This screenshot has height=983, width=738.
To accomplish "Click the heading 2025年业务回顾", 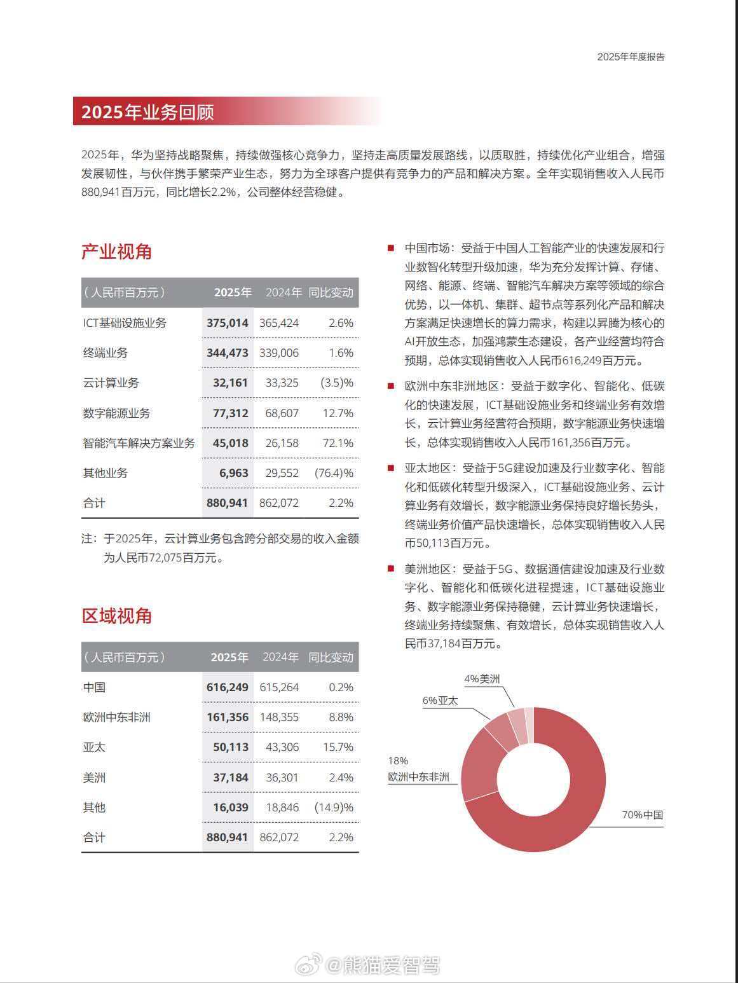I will pos(147,112).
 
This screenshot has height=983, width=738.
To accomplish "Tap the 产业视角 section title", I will pos(116,252).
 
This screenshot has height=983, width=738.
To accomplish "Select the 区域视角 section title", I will pos(116,616).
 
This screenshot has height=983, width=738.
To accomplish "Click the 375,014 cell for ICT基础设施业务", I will pos(228,323).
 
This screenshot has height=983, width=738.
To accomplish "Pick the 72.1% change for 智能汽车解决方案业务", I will pos(338,443).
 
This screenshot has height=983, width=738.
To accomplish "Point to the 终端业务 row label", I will pos(106,353).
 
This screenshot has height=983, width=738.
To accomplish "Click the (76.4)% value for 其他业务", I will pos(334,473).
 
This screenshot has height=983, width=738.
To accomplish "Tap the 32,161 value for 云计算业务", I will pos(230,383).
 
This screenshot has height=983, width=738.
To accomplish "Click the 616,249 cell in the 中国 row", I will pos(228,687).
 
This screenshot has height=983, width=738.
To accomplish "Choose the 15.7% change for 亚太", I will pos(338,747).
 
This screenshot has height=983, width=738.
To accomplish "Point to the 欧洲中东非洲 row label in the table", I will pos(117,717).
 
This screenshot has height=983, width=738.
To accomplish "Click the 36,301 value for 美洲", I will pos(279,778).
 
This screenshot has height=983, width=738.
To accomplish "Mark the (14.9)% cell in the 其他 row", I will pos(334,808).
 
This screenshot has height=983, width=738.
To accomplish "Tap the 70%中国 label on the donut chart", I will pos(642,815).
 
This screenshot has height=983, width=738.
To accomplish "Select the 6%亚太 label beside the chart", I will pos(440,701).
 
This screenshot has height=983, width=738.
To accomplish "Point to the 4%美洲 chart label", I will pos(482,679).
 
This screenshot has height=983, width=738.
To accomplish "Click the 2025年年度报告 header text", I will pos(631,57).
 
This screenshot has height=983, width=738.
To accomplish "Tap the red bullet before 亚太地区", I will pos(391,469).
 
